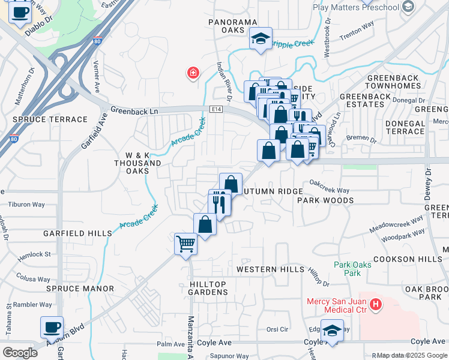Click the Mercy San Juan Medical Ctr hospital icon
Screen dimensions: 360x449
376,305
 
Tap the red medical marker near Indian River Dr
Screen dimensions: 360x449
193,73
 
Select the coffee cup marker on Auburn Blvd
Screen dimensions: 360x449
52,328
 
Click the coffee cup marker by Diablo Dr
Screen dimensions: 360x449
19,11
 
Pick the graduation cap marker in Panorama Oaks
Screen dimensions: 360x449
261,39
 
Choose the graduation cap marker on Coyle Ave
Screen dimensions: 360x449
332,330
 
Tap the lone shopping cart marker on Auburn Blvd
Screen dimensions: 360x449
185,244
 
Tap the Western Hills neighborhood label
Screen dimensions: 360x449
271,269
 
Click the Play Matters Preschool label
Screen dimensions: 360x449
356,7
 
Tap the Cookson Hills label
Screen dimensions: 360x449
407,259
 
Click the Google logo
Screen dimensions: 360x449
20,352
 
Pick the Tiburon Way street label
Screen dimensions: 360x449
26,204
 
